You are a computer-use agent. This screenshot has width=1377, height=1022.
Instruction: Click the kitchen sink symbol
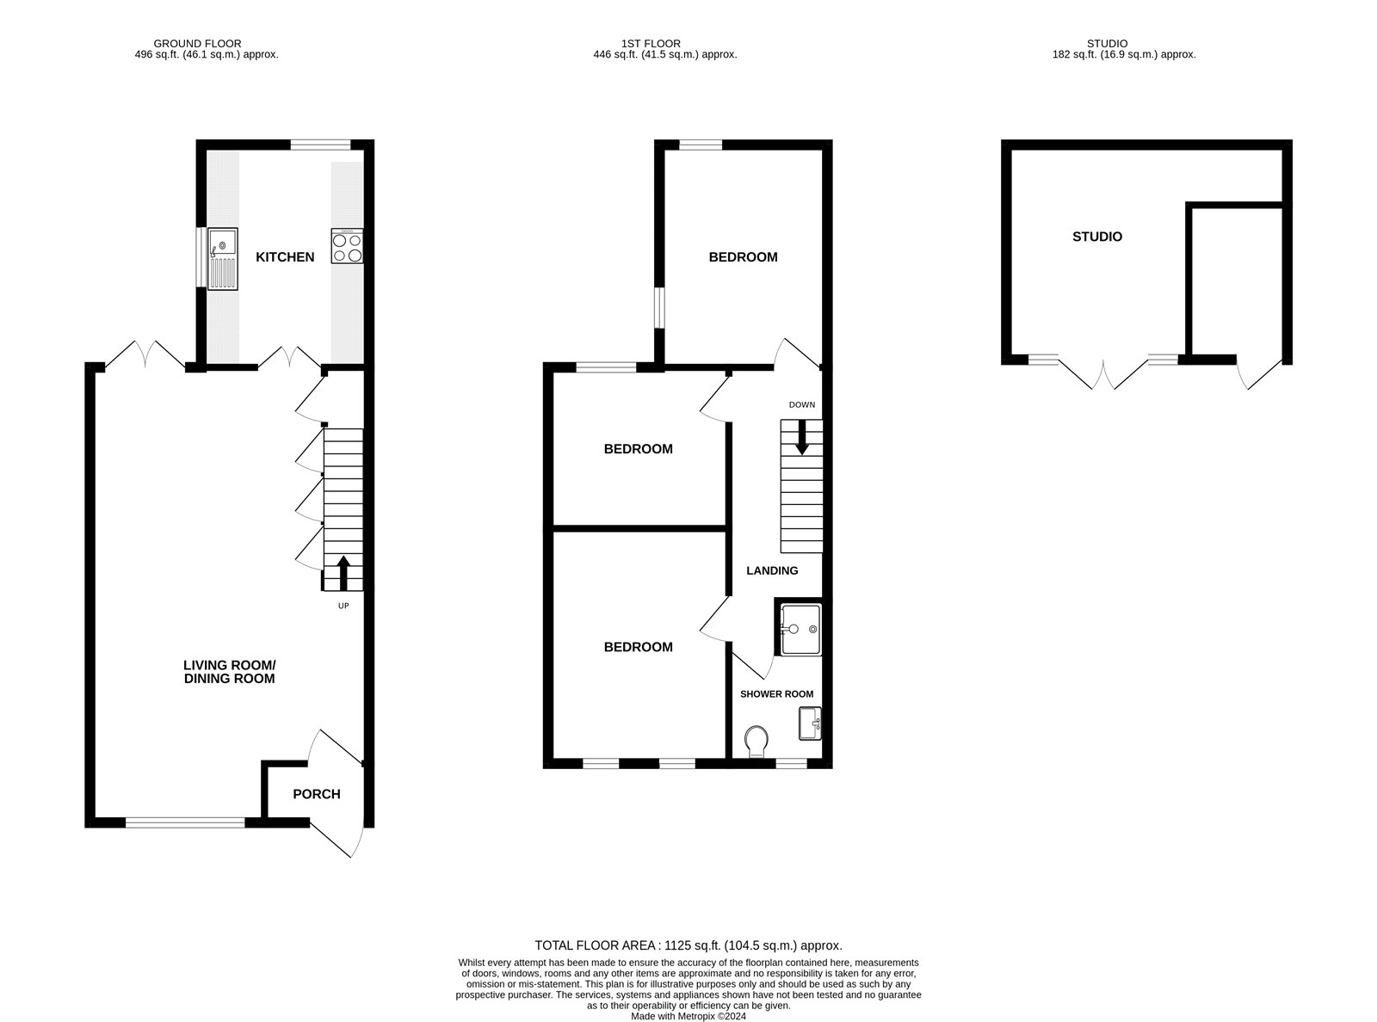pyautogui.click(x=224, y=258)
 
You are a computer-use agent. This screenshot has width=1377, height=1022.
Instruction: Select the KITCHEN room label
pyautogui.click(x=285, y=257)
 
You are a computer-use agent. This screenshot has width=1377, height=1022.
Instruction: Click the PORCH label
pyautogui.click(x=317, y=794)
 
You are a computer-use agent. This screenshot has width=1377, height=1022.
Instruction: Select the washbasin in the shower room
pyautogui.click(x=810, y=723)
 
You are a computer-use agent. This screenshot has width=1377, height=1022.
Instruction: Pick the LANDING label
pyautogui.click(x=772, y=570)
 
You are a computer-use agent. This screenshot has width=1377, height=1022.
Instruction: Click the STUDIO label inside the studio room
pyautogui.click(x=1097, y=237)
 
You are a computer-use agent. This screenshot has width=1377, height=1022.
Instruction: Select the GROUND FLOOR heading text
pyautogui.click(x=197, y=43)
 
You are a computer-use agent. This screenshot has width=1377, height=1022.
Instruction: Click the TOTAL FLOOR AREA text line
pyautogui.click(x=688, y=945)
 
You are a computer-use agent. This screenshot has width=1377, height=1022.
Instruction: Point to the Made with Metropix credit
pyautogui.click(x=688, y=1015)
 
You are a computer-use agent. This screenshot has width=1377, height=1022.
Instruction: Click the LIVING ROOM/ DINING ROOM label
pyautogui.click(x=229, y=672)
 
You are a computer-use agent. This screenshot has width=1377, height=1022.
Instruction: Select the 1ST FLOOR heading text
pyautogui.click(x=651, y=43)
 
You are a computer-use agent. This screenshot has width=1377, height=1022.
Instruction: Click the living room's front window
pyautogui.click(x=185, y=823)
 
